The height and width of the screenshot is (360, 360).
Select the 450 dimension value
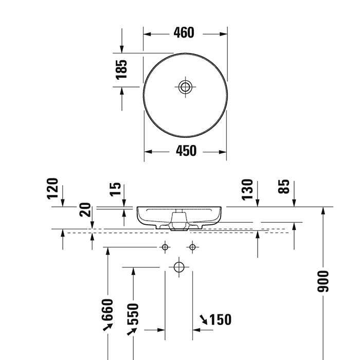[186, 151]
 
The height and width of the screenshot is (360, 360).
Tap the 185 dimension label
[121, 69]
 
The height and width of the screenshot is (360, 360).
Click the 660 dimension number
[107, 309]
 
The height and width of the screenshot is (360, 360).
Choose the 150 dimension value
[221, 320]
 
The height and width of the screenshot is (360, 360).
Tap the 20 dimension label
[86, 209]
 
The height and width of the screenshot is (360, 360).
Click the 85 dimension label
[283, 186]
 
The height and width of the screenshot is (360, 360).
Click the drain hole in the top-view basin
[186, 86]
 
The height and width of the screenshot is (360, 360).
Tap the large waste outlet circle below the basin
[178, 267]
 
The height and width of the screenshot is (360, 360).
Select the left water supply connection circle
[165, 247]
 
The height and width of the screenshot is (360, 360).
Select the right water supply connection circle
[192, 247]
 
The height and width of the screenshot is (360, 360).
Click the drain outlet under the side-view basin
[178, 227]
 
